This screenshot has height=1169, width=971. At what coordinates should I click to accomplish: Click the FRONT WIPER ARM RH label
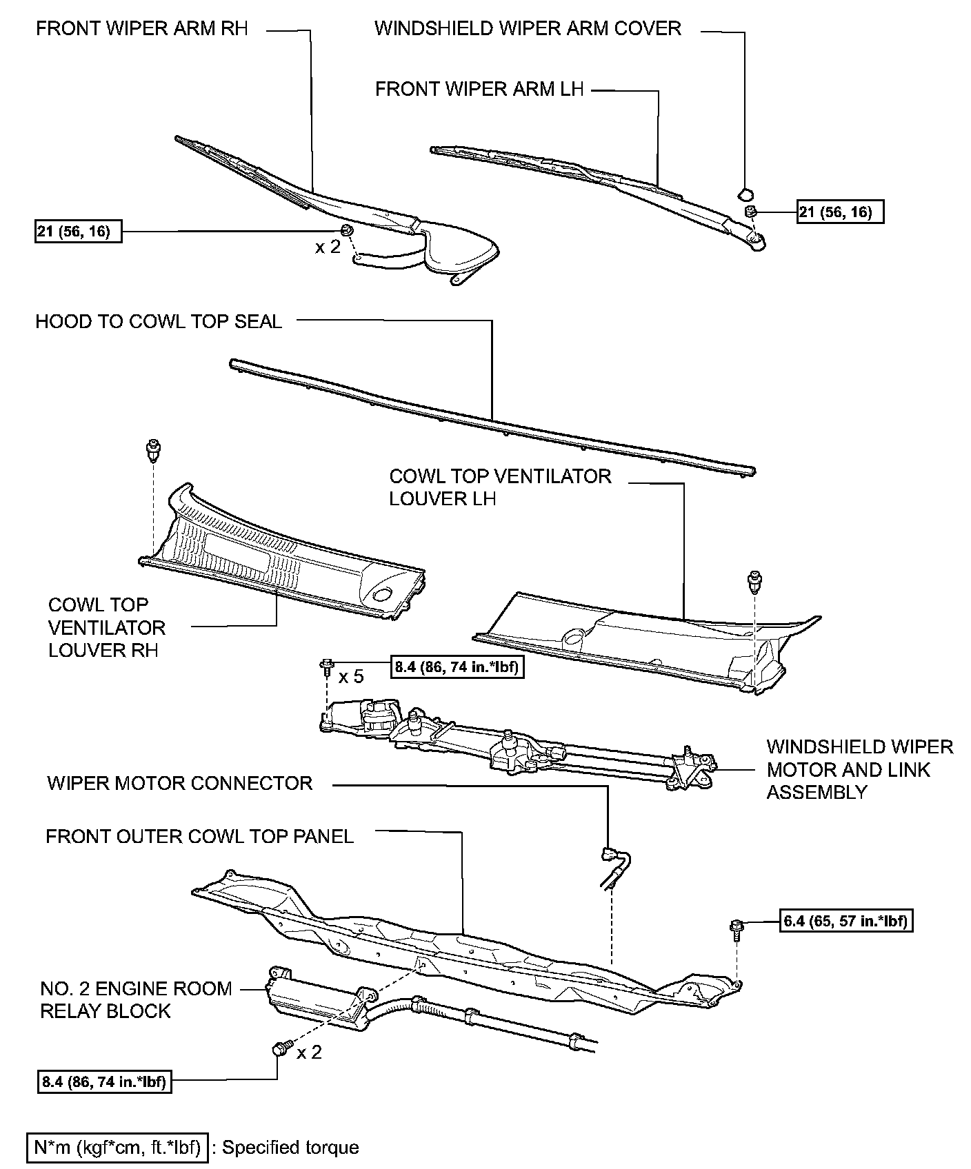coord(141,28)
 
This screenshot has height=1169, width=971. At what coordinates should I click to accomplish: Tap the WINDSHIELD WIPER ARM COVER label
coord(528,28)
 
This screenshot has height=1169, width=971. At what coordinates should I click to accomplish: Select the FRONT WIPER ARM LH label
coord(479,89)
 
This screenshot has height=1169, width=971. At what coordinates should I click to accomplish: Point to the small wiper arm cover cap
coord(745,192)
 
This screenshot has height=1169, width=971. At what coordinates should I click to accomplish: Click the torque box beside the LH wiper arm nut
coord(840,212)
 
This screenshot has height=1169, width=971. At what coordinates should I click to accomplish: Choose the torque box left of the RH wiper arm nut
coord(78,231)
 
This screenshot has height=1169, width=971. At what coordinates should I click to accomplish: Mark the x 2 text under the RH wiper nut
coord(328,247)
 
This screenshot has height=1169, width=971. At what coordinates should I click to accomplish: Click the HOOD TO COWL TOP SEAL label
coord(159,321)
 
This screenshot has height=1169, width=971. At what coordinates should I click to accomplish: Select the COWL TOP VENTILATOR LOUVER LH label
coord(500,487)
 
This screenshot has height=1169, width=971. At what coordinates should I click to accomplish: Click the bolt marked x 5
coord(327,667)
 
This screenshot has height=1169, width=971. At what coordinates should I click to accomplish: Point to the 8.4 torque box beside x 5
coord(457,667)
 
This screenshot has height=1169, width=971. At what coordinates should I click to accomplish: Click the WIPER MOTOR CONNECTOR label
coord(180,783)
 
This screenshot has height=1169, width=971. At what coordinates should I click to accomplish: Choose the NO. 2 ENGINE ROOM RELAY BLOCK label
coord(136,999)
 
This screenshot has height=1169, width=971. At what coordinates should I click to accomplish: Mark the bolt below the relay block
coord(279,1050)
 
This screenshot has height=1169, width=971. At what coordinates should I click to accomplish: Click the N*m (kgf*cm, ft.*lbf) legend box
coord(117,1148)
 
